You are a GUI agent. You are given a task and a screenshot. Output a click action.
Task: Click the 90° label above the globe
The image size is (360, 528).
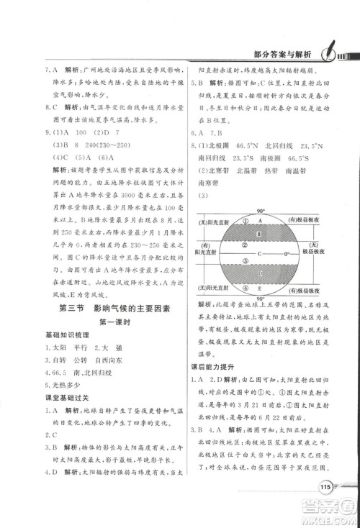click(x=256, y=213)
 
